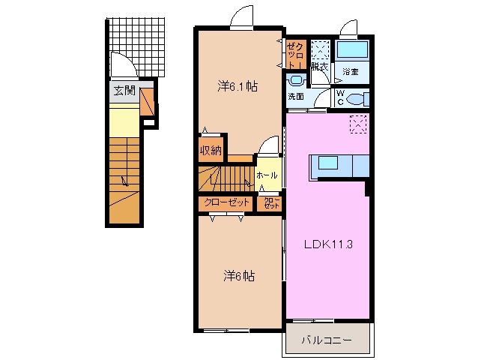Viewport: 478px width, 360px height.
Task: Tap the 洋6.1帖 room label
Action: [x=238, y=87]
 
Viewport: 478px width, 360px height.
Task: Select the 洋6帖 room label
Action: [x=238, y=276]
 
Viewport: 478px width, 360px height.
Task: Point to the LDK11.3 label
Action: [x=323, y=244]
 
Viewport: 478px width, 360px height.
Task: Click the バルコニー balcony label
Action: [x=327, y=340]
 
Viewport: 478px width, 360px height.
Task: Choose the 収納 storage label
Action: [x=211, y=150]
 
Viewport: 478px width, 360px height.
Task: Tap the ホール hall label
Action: [x=267, y=175]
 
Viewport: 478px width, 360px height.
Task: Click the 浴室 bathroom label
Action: [x=350, y=72]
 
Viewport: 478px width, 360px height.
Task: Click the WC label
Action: [x=339, y=98]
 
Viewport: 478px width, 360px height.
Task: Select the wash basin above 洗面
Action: [x=296, y=80]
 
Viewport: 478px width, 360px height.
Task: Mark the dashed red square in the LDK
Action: [x=358, y=124]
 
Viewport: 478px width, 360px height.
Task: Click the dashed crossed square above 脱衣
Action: [x=321, y=49]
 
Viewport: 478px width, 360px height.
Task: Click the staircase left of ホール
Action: [x=226, y=178]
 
